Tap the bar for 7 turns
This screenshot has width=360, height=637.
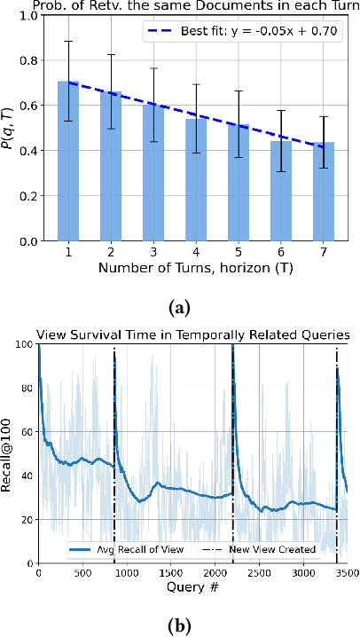pyautogui.click(x=324, y=192)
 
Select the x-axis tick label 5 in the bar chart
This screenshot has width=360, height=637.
pyautogui.click(x=239, y=251)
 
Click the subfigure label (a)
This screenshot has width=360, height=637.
pyautogui.click(x=180, y=307)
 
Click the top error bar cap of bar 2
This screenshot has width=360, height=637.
pyautogui.click(x=111, y=54)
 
